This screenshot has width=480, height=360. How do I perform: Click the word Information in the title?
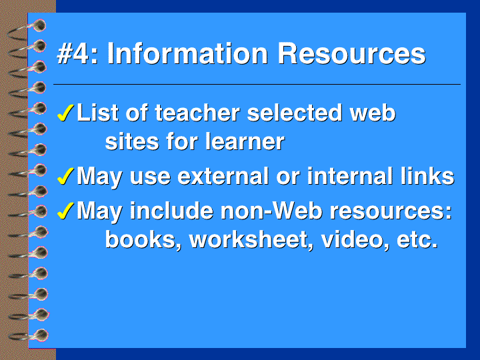(x=187, y=54)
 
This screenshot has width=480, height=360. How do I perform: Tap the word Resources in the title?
(x=351, y=54)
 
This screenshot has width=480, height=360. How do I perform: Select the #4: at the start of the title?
(x=77, y=54)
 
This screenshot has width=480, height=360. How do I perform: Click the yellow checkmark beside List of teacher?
(x=65, y=113)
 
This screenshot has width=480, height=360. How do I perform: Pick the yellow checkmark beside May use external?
(x=65, y=176)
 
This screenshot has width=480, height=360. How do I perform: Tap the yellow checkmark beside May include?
(x=65, y=211)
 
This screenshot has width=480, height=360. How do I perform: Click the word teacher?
(x=197, y=113)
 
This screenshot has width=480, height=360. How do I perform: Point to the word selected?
(x=295, y=113)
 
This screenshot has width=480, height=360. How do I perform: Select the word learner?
(x=245, y=141)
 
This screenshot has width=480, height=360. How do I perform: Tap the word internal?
(x=350, y=176)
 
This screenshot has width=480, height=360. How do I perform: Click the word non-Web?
(x=271, y=211)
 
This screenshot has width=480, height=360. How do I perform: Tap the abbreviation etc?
(x=417, y=240)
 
